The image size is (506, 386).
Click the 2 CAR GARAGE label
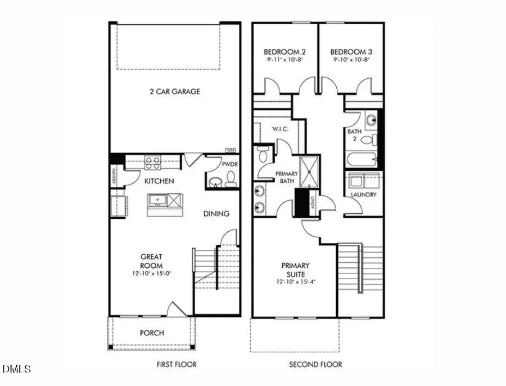pyautogui.click(x=175, y=92)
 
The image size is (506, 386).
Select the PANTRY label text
pyautogui.click(x=114, y=176)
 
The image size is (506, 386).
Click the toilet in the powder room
pyautogui.click(x=229, y=181)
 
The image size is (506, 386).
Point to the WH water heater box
pyautogui.click(x=229, y=150)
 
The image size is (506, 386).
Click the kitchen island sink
pyautogui.click(x=157, y=200)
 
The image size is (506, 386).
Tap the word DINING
pyautogui.click(x=216, y=214)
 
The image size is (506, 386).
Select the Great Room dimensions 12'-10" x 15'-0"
pyautogui.click(x=152, y=273)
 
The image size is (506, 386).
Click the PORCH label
pyautogui.click(x=152, y=333)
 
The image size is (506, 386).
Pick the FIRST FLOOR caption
pyautogui.click(x=177, y=365)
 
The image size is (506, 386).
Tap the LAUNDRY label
pyautogui.click(x=363, y=195)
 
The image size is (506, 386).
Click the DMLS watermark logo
pyautogui.click(x=17, y=370)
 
